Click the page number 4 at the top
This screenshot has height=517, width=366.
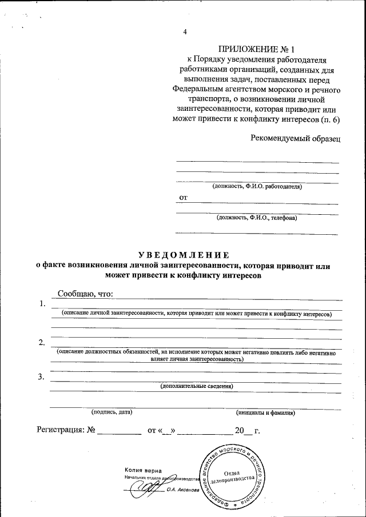pyautogui.click(x=185, y=32)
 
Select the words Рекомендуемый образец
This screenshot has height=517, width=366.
pyautogui.click(x=296, y=138)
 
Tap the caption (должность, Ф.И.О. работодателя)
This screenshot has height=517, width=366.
pyautogui.click(x=257, y=186)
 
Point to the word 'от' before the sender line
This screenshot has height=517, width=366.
pyautogui.click(x=184, y=198)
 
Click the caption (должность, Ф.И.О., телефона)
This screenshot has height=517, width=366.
pyautogui.click(x=257, y=218)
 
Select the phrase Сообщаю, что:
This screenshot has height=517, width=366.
pyautogui.click(x=85, y=294)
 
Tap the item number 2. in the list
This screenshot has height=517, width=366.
pyautogui.click(x=42, y=343)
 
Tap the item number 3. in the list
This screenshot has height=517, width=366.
pyautogui.click(x=41, y=376)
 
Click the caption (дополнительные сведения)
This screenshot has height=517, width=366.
pyautogui.click(x=197, y=387)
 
